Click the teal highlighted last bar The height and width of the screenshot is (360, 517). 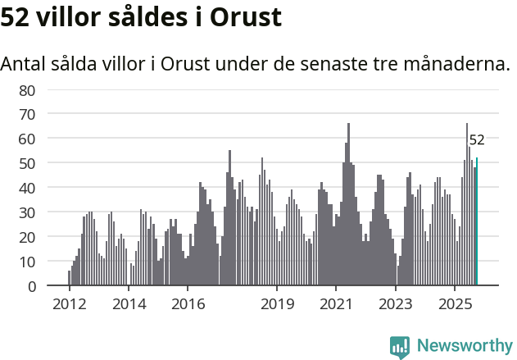point(477,221)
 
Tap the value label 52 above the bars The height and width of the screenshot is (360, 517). point(477,140)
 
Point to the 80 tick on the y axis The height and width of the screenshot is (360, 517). point(28,89)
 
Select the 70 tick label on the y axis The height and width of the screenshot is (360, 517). point(28,114)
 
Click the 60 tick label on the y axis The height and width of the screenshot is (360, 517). point(28,139)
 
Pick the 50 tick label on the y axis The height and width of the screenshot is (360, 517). point(28,163)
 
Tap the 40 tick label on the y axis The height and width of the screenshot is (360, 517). point(28,188)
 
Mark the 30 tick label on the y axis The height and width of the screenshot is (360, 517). point(28,212)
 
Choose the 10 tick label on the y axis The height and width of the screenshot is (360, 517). point(28,262)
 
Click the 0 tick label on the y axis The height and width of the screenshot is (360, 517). point(31,286)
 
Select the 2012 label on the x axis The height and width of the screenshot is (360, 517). point(70,304)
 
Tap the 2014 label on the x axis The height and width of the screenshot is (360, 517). point(129,304)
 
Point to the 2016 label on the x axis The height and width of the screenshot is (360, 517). point(188,304)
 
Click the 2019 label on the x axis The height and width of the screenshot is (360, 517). point(277,304)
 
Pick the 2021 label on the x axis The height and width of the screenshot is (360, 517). point(336,304)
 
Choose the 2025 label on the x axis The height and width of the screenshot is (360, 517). point(455,304)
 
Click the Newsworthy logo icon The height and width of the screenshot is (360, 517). point(400,347)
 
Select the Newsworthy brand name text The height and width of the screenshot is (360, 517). point(464,346)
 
